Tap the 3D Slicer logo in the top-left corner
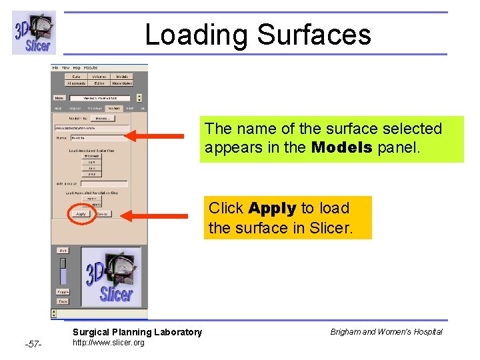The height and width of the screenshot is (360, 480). coord(33,33)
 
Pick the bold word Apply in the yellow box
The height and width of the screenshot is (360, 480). coord(272,208)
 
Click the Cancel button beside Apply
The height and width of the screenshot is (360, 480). coord(103,214)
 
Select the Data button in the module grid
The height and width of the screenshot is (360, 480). coord(76,77)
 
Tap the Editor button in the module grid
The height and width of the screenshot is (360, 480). coord(99,83)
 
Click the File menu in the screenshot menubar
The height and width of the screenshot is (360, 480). coord(56,68)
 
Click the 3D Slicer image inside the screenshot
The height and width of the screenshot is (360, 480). coord(111,275)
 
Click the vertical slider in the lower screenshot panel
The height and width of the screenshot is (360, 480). coord(63,271)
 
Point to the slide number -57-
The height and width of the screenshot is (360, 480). coord(33,344)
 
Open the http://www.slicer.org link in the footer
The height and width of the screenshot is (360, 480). coord(108,343)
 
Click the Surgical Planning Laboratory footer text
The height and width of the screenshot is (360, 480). coord(137,332)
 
